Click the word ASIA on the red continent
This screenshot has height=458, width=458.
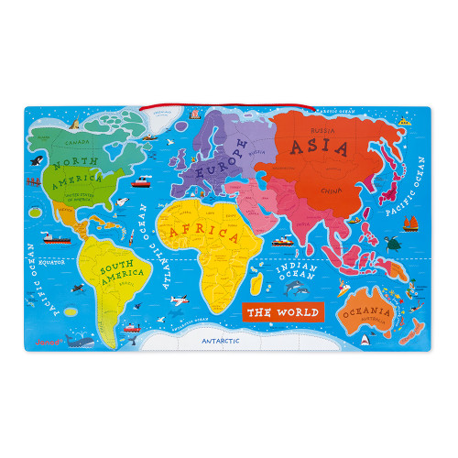click(317, 147)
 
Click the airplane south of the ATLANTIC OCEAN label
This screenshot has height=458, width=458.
click(176, 298)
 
